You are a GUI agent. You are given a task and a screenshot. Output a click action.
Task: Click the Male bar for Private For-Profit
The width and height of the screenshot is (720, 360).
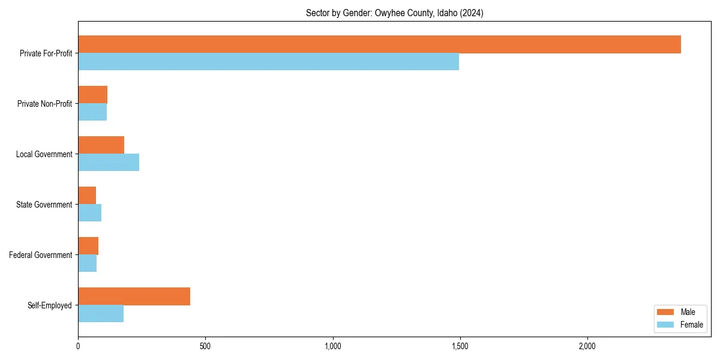[379, 44]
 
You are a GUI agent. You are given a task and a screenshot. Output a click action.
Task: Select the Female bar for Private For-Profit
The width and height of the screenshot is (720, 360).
[268, 62]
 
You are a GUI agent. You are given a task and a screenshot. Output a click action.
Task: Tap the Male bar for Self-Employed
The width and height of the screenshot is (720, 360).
[134, 296]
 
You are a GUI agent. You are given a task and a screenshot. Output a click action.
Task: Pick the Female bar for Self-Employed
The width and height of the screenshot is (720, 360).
[101, 314]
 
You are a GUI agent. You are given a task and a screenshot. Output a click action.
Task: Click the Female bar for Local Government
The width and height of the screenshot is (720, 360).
[109, 163]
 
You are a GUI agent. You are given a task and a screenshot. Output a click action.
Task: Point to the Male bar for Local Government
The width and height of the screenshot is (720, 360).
[101, 145]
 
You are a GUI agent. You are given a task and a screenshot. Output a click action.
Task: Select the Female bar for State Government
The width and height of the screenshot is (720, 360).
[89, 213]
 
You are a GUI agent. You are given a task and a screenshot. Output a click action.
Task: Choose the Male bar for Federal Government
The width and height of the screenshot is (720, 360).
[88, 246]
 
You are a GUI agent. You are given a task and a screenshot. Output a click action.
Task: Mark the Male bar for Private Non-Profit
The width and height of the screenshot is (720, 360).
[92, 95]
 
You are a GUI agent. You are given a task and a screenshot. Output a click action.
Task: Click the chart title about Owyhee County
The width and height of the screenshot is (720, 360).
[394, 13]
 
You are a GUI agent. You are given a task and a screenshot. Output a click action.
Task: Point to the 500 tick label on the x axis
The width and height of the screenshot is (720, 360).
[205, 346]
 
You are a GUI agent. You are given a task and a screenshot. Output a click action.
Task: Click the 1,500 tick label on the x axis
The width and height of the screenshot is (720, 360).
[460, 346]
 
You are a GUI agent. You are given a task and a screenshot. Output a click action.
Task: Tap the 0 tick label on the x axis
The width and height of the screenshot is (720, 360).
[78, 346]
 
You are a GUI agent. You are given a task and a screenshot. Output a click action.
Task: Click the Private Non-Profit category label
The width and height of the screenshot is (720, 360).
[44, 104]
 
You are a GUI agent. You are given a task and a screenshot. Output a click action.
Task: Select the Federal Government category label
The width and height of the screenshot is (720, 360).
[41, 255]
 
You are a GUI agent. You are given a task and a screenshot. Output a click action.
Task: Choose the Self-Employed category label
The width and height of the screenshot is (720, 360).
[49, 305]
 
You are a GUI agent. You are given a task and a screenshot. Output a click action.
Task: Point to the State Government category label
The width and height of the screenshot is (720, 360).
[44, 205]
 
